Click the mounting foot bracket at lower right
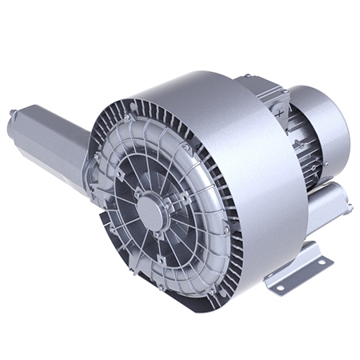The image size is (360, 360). pyautogui.click(x=300, y=268)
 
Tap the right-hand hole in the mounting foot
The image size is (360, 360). pyautogui.click(x=322, y=261)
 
